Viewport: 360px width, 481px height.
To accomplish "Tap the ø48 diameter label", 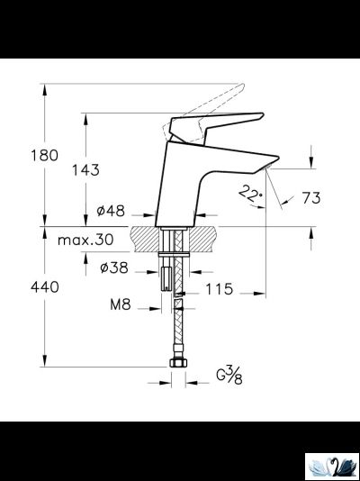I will pyautogui.click(x=110, y=213).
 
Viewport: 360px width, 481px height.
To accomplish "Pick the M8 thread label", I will pyautogui.click(x=121, y=305).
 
